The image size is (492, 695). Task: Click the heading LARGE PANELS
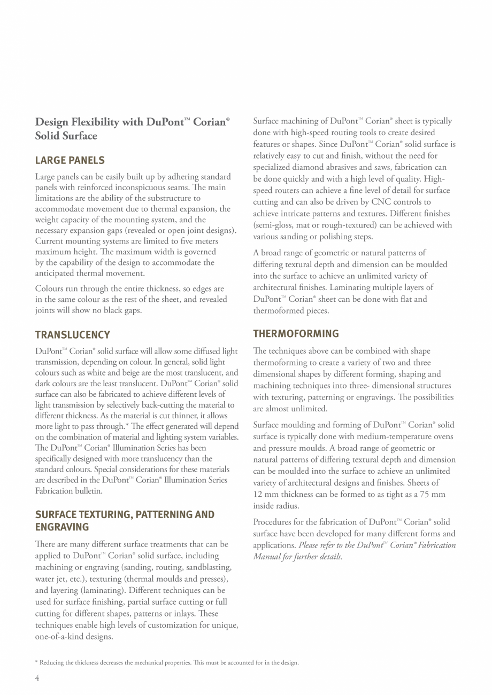[x=70, y=160]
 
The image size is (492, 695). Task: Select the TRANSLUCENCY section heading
[x=72, y=335]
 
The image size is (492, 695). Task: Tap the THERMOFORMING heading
[x=296, y=334]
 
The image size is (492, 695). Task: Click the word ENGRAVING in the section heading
[x=62, y=527]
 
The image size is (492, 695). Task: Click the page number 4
[x=37, y=678]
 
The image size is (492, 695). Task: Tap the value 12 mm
[x=266, y=494]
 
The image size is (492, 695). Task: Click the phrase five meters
[x=196, y=241]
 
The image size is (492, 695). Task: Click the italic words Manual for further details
[x=297, y=557]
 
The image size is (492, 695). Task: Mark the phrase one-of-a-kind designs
[x=74, y=636]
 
